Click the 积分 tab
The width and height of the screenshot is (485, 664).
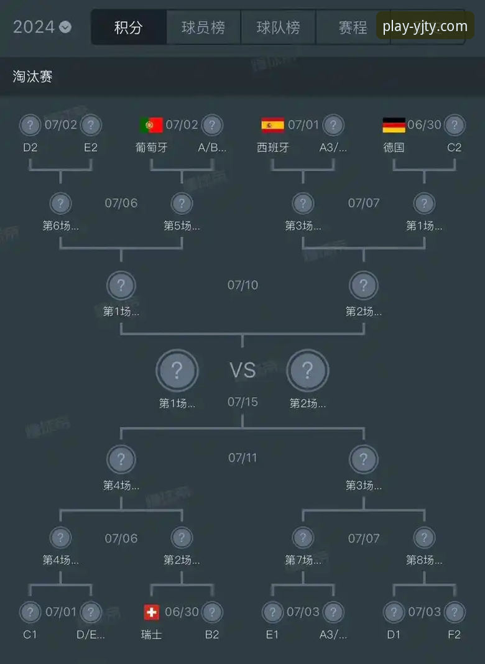[x=129, y=27]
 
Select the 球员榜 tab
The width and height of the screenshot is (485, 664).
[x=203, y=27]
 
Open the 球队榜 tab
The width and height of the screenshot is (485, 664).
[x=278, y=27]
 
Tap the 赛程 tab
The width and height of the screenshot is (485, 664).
[x=353, y=27]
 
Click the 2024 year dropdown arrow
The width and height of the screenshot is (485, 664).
[x=65, y=27]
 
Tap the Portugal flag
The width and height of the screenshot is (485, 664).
[x=151, y=125]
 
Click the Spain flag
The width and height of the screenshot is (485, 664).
[x=272, y=125]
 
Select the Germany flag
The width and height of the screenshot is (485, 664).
[x=394, y=125]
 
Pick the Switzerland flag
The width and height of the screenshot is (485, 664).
[x=151, y=612]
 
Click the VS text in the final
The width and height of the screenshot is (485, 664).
[x=242, y=371]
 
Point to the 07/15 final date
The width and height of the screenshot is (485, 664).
[x=242, y=402]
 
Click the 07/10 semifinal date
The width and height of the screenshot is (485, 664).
[x=242, y=285]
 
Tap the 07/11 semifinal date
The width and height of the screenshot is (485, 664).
[x=242, y=458]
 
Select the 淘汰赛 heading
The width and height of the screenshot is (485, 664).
[x=32, y=76]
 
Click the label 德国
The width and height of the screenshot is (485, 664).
[x=394, y=148]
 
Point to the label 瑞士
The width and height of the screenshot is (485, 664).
[x=151, y=635]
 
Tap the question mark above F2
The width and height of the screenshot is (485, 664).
[x=455, y=612]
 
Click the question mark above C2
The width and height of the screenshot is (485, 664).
[x=455, y=125]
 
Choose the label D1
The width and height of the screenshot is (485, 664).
[x=394, y=635]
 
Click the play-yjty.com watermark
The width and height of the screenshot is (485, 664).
[x=425, y=27]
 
